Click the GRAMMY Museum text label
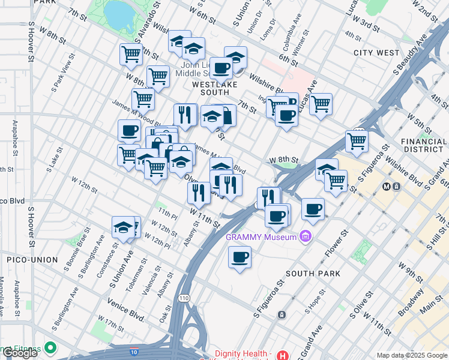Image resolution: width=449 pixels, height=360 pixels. point(262,236)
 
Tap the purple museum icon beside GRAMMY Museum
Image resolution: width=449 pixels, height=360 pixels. point(307,236)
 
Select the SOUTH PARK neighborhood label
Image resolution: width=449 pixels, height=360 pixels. point(313,274)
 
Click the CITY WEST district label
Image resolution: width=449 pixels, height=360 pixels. point(376,53)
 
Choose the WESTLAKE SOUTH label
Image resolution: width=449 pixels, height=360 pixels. point(211,89)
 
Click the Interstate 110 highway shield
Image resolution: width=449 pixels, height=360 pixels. point(184,298)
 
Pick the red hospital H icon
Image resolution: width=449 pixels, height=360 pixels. point(283,354)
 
